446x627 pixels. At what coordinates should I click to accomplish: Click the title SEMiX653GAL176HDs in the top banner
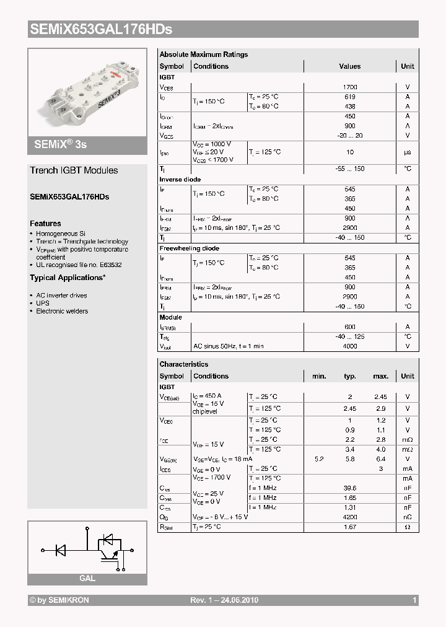(x=101, y=29)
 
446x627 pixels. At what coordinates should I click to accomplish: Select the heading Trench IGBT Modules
(x=74, y=170)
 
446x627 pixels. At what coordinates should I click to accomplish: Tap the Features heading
(x=45, y=224)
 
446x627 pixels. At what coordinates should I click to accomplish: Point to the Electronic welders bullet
(x=62, y=312)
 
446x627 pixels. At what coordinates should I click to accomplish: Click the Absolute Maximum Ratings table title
(x=203, y=55)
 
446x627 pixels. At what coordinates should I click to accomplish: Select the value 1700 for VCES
(x=349, y=87)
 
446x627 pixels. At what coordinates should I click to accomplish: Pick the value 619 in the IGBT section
(x=349, y=97)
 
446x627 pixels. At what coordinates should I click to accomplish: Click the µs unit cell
(x=408, y=152)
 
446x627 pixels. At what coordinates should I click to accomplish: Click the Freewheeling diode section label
(x=189, y=248)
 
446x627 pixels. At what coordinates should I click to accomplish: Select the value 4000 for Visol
(x=349, y=346)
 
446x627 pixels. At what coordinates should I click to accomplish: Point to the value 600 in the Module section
(x=349, y=327)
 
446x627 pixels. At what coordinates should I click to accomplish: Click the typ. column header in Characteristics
(x=349, y=376)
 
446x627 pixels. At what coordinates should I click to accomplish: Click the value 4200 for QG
(x=351, y=517)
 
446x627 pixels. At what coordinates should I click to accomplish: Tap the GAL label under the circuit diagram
(x=87, y=579)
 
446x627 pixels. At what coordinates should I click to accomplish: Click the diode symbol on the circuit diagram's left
(x=61, y=548)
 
